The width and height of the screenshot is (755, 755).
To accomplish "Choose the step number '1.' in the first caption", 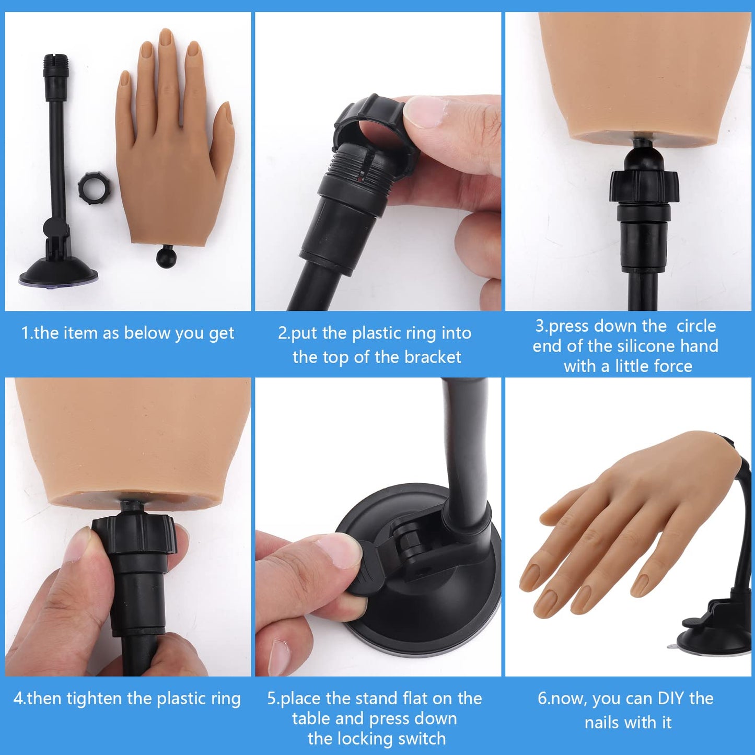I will (x=27, y=333).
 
